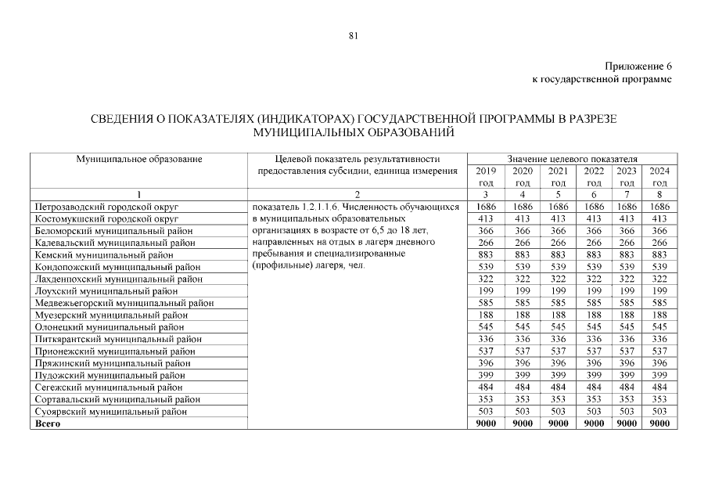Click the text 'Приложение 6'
[x=638, y=67]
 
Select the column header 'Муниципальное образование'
[x=138, y=159]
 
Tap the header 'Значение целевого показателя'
[x=573, y=159]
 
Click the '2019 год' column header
[x=486, y=176]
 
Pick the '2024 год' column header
[x=659, y=176]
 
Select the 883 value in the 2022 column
[x=594, y=255]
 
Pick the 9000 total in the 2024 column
[x=659, y=424]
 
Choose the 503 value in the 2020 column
[x=522, y=411]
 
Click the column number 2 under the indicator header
[x=358, y=194]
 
